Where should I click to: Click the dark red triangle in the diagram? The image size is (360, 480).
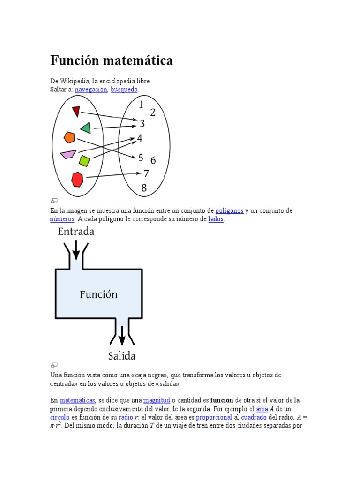point(76,111)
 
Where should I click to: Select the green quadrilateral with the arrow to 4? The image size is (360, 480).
point(86,127)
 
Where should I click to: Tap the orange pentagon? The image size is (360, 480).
point(69,137)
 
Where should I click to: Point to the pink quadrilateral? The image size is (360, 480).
point(68,154)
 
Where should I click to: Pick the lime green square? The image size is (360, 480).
point(84,161)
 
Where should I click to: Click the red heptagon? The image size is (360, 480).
point(77,179)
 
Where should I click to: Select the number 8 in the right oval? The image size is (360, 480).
point(144,188)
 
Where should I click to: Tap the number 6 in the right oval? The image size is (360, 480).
point(153,160)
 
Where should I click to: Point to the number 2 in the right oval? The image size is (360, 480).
point(153,112)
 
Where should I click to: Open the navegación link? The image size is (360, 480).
point(91,89)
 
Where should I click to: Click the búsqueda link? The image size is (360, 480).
point(124,89)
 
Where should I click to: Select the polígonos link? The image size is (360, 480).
point(229,211)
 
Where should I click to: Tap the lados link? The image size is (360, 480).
point(216,219)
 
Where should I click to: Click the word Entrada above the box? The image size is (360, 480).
point(76,232)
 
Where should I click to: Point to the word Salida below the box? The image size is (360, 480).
point(122,356)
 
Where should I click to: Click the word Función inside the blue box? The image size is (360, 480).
point(98,294)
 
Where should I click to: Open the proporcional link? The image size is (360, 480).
point(214,417)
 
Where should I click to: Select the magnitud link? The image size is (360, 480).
point(157,400)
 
